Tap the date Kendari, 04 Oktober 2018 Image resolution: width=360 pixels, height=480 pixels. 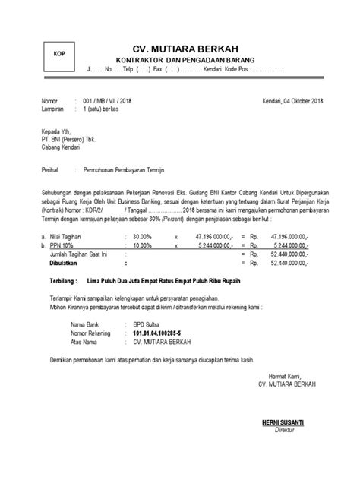[x=292, y=101]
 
